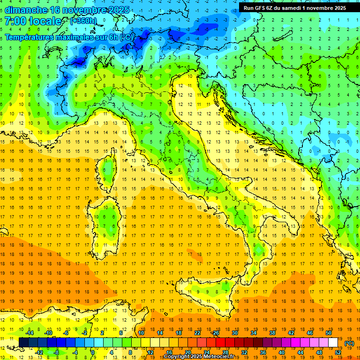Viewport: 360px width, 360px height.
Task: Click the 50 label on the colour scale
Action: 328,333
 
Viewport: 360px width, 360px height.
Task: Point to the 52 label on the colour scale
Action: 337,352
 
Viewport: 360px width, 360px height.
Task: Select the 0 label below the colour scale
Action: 93,352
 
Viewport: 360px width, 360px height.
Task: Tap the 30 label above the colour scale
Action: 234,333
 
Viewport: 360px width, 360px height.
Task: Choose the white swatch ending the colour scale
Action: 333,343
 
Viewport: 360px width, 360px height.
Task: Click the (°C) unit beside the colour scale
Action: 349,343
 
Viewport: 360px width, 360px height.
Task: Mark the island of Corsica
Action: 108,169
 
